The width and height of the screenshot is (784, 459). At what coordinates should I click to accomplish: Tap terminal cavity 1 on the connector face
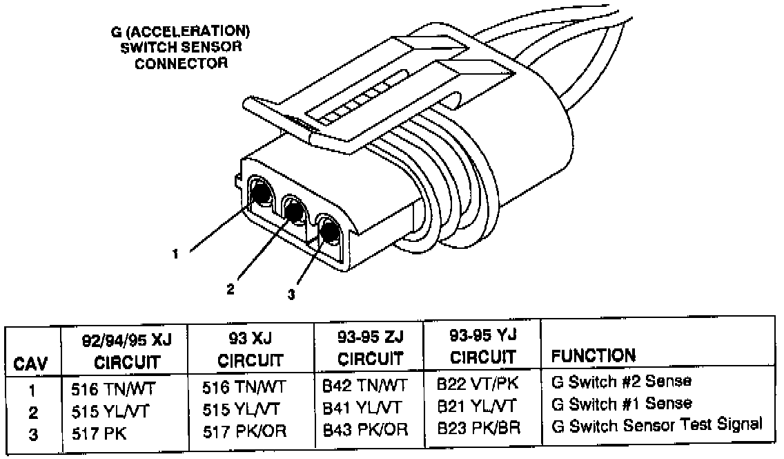pos(261,193)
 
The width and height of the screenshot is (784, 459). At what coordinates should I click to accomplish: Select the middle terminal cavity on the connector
pos(294,209)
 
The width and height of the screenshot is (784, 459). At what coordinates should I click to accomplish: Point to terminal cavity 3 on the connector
pos(327,230)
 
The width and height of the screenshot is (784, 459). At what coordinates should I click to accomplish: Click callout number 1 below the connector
pos(177,254)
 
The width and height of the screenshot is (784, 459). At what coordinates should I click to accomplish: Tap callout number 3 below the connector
pos(292,295)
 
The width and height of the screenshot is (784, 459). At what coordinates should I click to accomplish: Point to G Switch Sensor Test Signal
pos(656,424)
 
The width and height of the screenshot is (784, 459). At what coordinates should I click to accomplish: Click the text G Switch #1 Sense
pos(621,403)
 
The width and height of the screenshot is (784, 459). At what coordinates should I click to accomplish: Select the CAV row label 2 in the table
pos(32,413)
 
